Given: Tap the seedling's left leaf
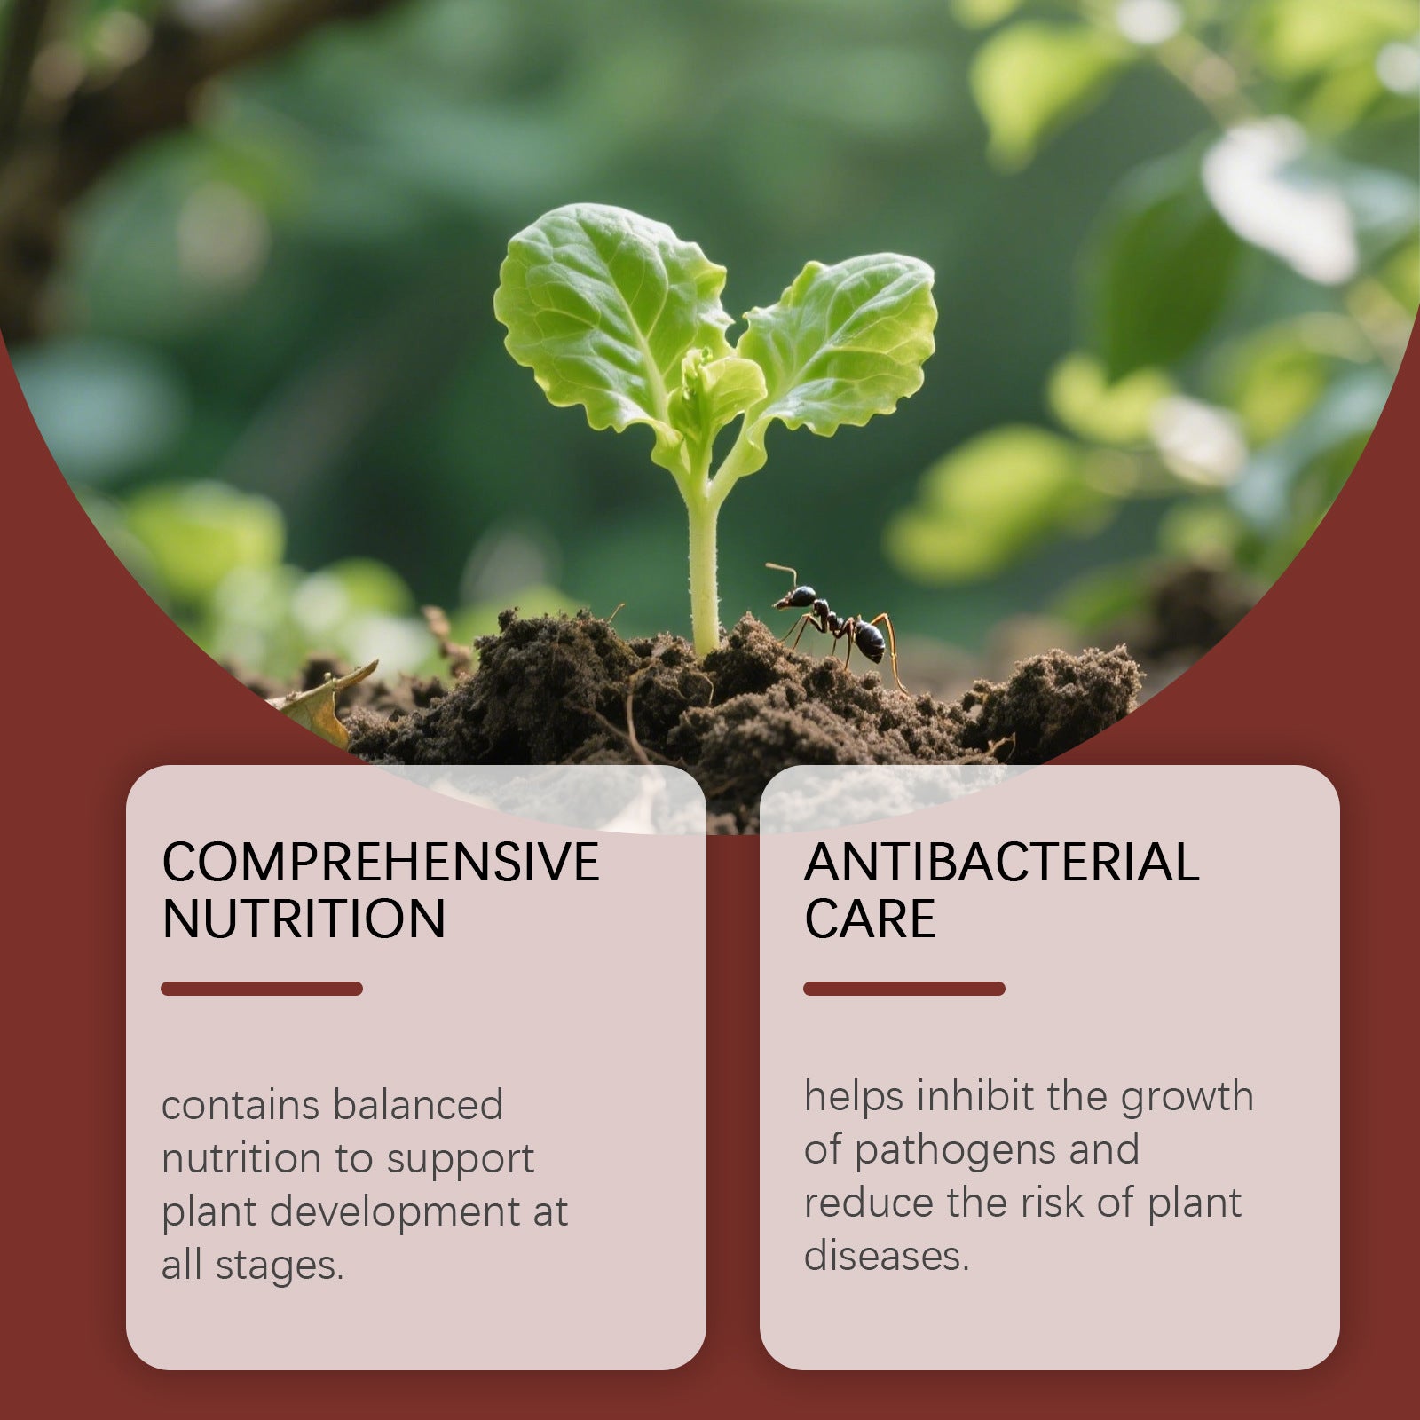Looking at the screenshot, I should coord(603,311).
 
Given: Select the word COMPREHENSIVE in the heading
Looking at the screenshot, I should coord(381,862).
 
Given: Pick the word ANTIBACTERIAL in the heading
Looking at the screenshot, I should coord(1001,862).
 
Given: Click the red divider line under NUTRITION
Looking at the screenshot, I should coord(262,989).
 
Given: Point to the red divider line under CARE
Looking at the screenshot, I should coord(904,989).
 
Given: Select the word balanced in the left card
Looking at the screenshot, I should coord(418,1106).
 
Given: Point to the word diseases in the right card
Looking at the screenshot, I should coord(886,1257).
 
